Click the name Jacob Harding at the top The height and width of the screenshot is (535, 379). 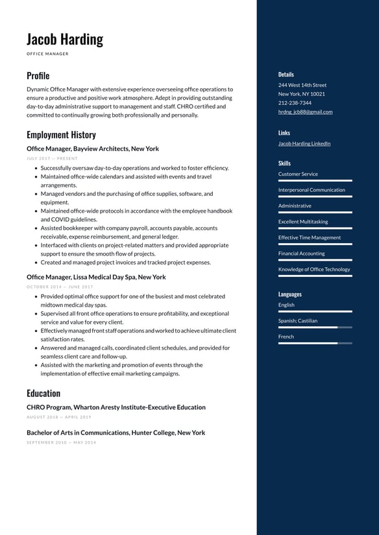tap(65, 40)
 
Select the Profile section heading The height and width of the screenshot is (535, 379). tap(38, 75)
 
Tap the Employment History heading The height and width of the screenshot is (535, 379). tap(61, 135)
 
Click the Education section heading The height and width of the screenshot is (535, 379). tap(43, 393)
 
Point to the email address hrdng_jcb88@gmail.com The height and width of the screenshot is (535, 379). tap(305, 112)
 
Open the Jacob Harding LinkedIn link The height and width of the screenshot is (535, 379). tap(304, 143)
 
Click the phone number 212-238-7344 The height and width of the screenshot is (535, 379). tap(295, 102)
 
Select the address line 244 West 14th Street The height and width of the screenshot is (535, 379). tap(302, 85)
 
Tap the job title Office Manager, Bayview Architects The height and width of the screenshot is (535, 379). tap(93, 149)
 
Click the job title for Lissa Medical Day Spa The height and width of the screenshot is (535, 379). tap(96, 277)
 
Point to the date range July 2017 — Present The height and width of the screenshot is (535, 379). tap(52, 158)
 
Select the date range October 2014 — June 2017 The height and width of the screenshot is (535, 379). tap(60, 287)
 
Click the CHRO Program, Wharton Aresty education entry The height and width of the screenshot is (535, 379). tap(116, 407)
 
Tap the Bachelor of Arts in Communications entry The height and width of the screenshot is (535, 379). tap(116, 433)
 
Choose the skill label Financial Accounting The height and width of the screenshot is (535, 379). tap(301, 254)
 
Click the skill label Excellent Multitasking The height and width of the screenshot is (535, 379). tap(303, 222)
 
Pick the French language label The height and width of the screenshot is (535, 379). tap(286, 337)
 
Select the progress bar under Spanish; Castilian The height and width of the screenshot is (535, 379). tap(315, 327)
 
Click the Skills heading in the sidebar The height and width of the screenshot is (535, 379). tap(284, 163)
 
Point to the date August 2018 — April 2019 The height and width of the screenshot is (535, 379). tap(59, 417)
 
